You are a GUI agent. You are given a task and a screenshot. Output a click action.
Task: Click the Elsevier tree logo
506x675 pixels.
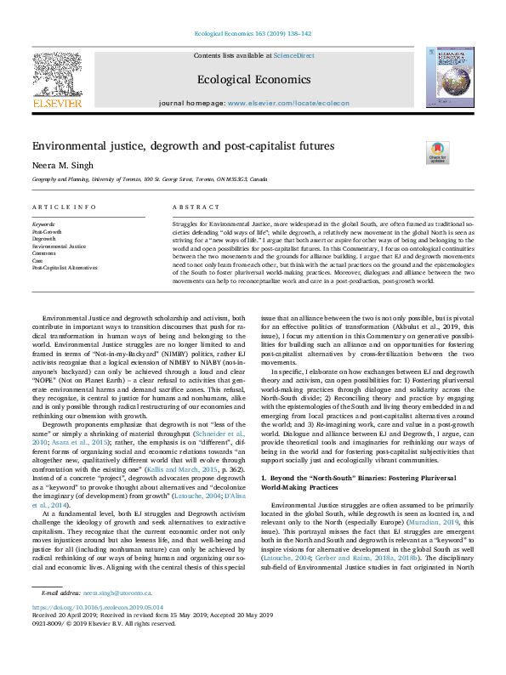coord(57,77)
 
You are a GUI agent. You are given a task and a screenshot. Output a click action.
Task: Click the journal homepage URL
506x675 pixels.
coord(288,103)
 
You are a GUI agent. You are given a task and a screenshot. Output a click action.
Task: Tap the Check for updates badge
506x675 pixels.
coord(437,153)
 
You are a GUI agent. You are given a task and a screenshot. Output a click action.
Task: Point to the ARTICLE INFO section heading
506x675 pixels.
coord(64,207)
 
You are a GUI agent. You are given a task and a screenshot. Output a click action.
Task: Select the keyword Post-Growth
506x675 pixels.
coord(47,231)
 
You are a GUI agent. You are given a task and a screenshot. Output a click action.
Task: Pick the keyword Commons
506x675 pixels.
coord(44,252)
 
